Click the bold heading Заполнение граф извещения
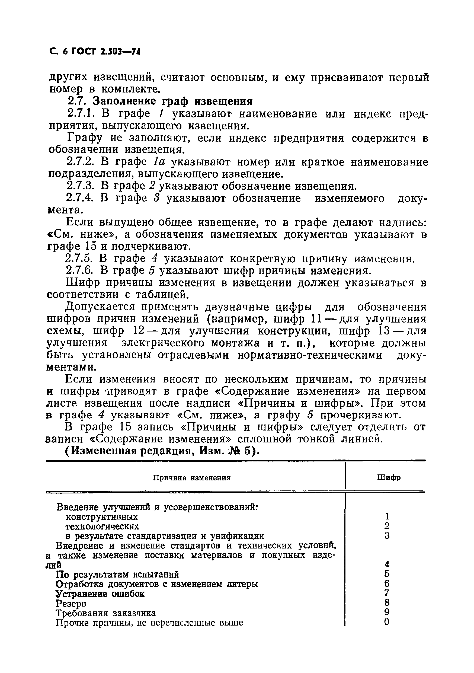point(172,101)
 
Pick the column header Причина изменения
point(192,478)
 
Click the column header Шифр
point(389,478)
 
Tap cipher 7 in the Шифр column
point(387,593)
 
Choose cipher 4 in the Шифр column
point(387,564)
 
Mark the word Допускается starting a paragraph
point(99,307)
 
